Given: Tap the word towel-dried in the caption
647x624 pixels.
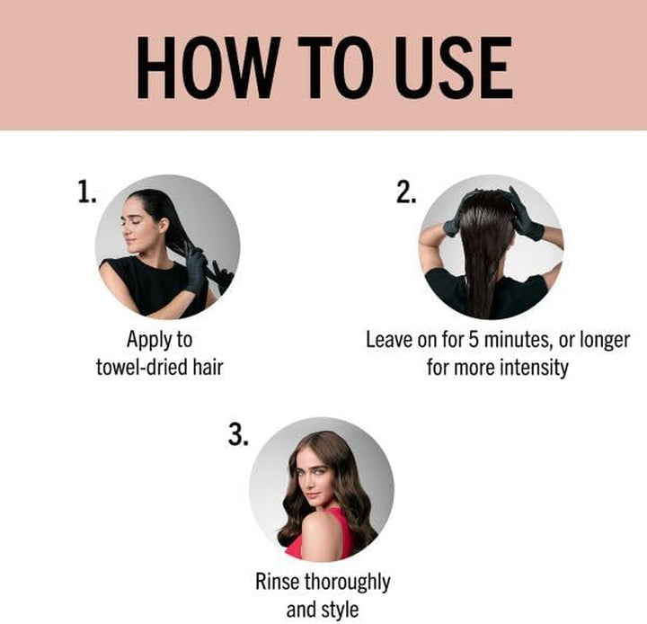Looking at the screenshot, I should [x=140, y=368].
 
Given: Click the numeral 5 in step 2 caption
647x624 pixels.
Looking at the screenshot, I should [x=493, y=341].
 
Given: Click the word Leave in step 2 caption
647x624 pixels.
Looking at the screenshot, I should [x=389, y=341].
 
